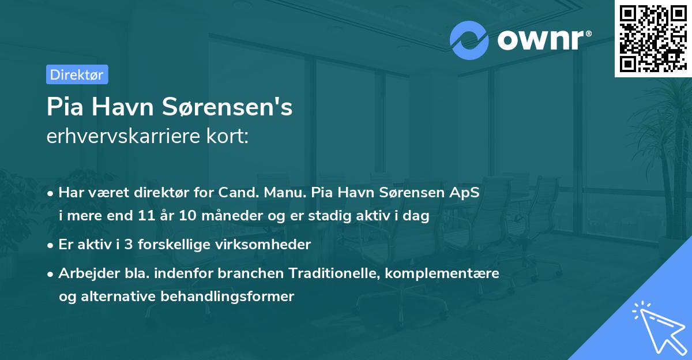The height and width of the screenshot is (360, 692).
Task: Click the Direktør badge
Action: tap(77, 74)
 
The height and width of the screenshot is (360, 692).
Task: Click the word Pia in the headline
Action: tap(63, 107)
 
